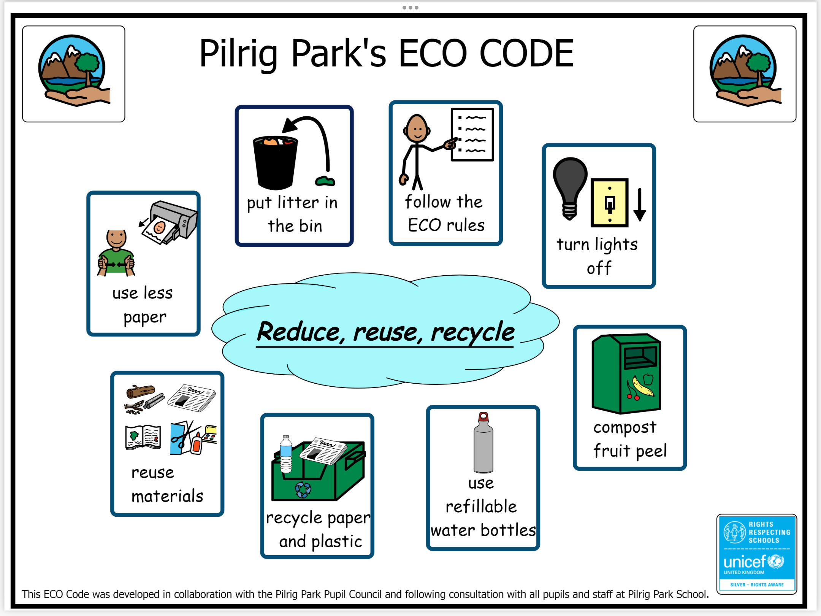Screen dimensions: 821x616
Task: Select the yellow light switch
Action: (x=609, y=203)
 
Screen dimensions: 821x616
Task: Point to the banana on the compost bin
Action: (x=642, y=386)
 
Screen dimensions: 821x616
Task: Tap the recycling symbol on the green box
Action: (x=303, y=490)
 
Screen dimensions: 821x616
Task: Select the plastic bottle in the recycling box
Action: (x=286, y=454)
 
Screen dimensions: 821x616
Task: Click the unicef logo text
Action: (x=744, y=562)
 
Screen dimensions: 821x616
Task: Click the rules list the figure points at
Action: (x=472, y=135)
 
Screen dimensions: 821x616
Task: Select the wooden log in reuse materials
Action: (x=140, y=391)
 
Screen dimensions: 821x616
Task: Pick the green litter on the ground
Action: (x=325, y=181)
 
